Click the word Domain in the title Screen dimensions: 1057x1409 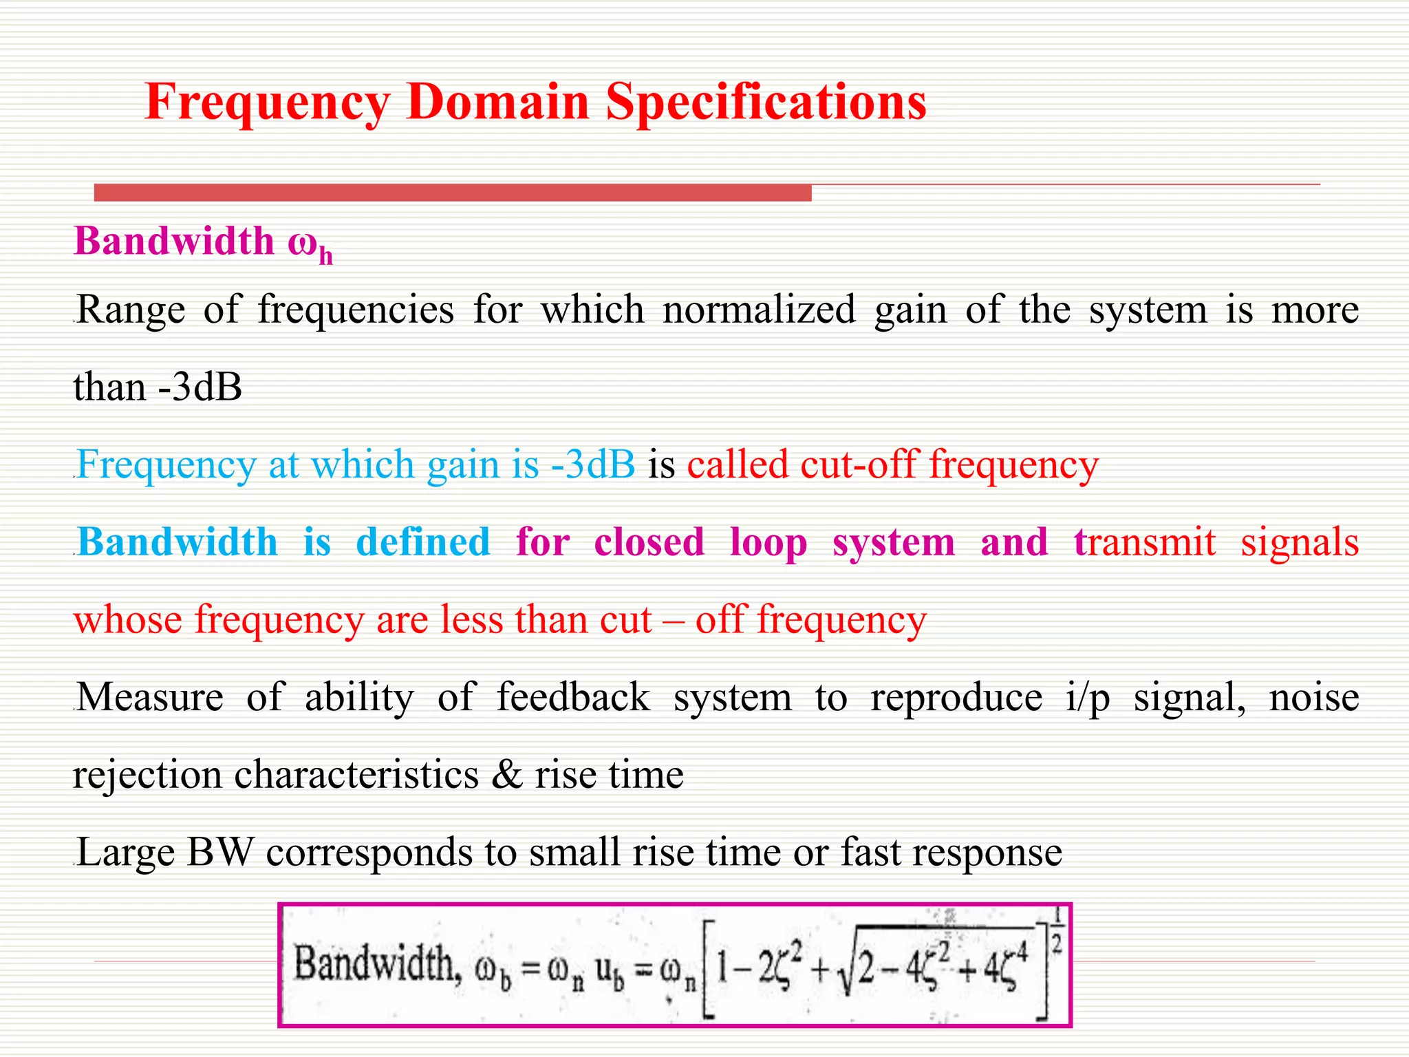tap(497, 102)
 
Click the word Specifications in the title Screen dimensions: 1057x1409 tap(766, 102)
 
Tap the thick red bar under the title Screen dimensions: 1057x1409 tap(452, 193)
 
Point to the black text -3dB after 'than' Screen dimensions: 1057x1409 tap(200, 387)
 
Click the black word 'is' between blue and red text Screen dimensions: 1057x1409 tap(661, 465)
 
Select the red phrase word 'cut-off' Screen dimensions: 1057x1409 tap(858, 465)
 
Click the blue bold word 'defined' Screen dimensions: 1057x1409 tap(423, 542)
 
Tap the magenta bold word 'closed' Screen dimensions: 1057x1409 tap(649, 542)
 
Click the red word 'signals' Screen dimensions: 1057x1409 tap(1300, 542)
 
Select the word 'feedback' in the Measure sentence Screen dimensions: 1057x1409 tap(573, 697)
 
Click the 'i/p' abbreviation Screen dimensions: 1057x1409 tap(1087, 698)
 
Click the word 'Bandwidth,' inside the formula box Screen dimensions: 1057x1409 tap(376, 963)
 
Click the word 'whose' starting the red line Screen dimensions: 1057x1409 tap(128, 620)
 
